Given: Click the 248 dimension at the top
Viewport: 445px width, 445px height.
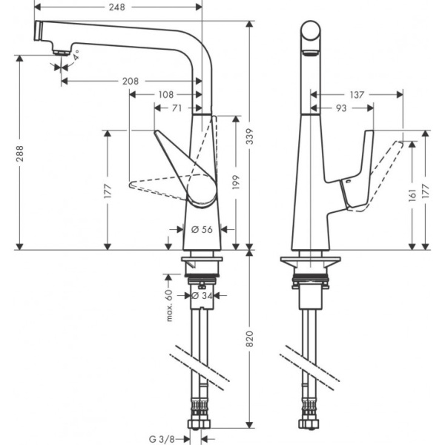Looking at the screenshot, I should (x=116, y=7).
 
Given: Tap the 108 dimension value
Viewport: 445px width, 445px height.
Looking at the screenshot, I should (x=165, y=94).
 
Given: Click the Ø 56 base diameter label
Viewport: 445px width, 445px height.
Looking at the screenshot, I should (x=202, y=230).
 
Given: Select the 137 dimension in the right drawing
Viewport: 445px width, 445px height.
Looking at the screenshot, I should (x=357, y=94).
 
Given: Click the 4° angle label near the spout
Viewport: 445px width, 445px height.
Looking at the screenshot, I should (x=77, y=56).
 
